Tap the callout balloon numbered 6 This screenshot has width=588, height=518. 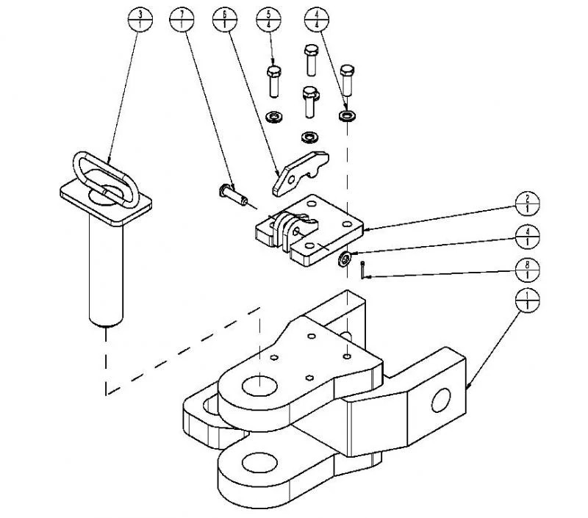(x=225, y=19)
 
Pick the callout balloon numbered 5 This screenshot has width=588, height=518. (x=270, y=19)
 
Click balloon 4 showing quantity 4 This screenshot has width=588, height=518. (x=316, y=19)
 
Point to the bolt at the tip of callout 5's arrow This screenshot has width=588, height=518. (x=273, y=82)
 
